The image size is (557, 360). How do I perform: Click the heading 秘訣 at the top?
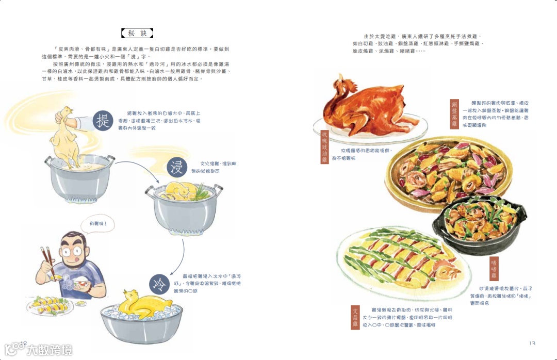coord(137,34)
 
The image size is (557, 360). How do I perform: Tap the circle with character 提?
coord(103,122)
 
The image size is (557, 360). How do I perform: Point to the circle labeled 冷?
coord(159,285)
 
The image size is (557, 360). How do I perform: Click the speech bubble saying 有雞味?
coord(99,225)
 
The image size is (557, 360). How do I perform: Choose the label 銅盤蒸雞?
coord(455,113)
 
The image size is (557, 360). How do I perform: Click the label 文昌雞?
coord(355,317)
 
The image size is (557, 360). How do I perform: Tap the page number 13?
coord(532,343)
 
